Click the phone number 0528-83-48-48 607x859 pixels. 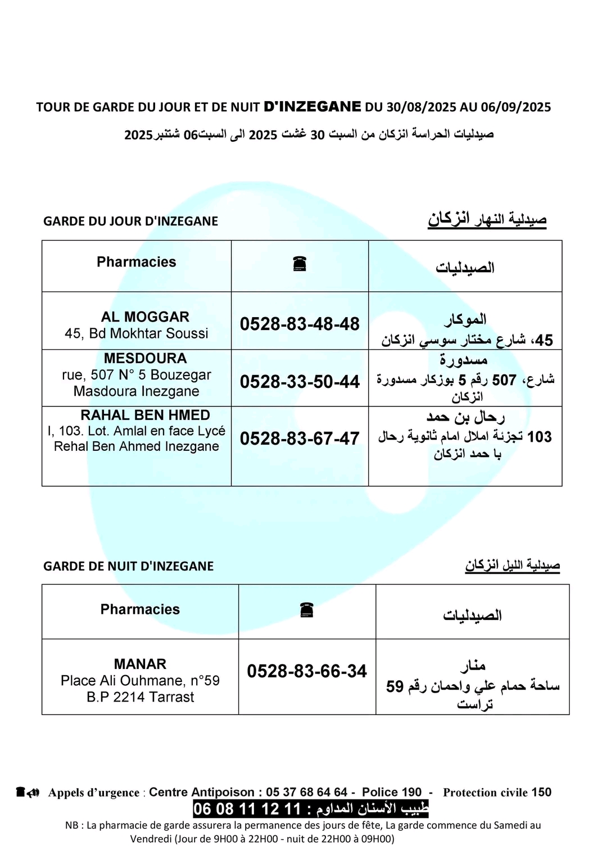point(300,324)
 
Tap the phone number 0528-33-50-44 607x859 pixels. point(300,382)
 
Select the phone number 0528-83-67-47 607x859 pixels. point(300,438)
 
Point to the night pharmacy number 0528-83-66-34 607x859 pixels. point(307,671)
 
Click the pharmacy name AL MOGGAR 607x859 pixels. point(145,317)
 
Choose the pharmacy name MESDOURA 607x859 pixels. point(145,358)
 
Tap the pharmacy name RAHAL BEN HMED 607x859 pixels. point(145,415)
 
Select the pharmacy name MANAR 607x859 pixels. point(140,664)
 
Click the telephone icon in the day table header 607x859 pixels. point(300,263)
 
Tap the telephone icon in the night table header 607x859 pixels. point(306,610)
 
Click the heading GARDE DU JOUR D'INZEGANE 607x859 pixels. point(130,221)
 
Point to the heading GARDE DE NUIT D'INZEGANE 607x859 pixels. point(128,566)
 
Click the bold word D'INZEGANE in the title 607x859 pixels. point(312,106)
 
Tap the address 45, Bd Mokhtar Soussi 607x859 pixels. point(137,333)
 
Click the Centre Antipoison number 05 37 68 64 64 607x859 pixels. point(306,792)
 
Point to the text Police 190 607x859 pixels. point(391,792)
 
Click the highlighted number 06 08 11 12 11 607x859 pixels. point(247,809)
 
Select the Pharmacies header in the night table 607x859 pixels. point(140,609)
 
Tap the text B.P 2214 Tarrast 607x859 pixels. point(140,697)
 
